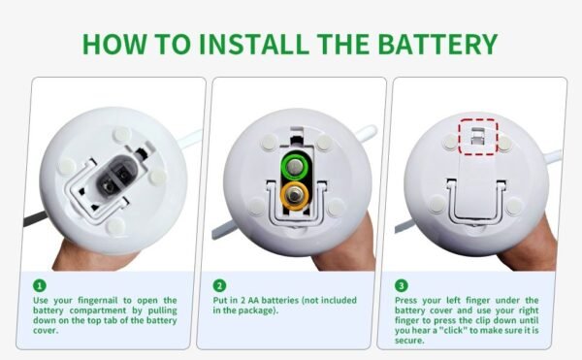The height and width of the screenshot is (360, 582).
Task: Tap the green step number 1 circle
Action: pyautogui.click(x=39, y=285)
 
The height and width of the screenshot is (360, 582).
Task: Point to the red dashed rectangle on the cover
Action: pyautogui.click(x=477, y=136)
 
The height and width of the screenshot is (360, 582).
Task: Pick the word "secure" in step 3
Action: pyautogui.click(x=410, y=340)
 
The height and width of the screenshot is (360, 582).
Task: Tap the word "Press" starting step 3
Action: pyautogui.click(x=409, y=301)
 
